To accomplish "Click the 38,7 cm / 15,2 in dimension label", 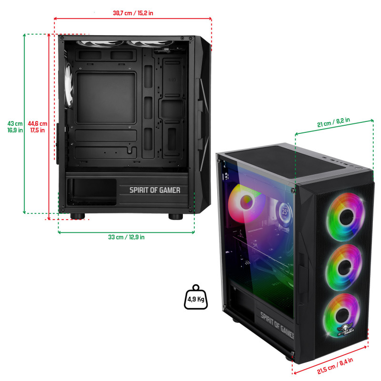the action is tap(133, 13).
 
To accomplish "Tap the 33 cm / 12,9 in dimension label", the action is tap(126, 237).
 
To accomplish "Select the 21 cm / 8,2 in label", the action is tap(333, 122).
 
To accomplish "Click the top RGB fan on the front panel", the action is tap(346, 217).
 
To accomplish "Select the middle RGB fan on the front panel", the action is tap(343, 267).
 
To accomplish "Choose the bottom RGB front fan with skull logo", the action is tap(341, 315).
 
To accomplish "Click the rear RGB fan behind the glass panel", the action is tap(246, 203).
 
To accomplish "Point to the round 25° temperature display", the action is tap(285, 212).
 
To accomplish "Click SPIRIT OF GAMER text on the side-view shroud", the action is tap(155, 190).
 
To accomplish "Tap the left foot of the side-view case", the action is tap(78, 216).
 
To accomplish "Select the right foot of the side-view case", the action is tap(175, 216).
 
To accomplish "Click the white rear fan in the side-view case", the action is tap(69, 85).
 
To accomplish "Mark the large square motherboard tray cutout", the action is tap(106, 98).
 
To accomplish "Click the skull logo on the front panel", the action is tap(345, 328).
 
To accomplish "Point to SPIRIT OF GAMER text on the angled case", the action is tap(277, 326).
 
